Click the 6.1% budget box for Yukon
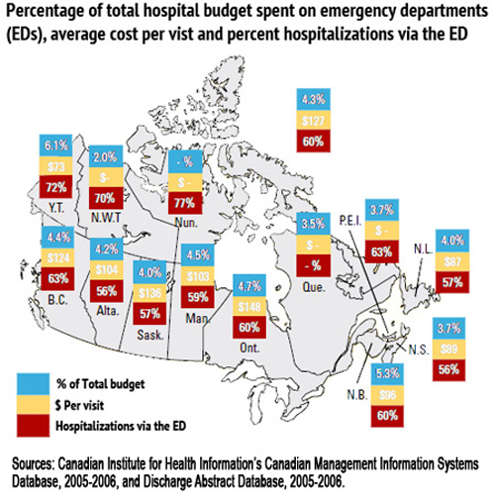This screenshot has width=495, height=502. click(x=54, y=144)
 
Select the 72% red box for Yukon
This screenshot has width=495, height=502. click(x=54, y=186)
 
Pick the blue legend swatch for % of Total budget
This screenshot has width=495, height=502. click(x=30, y=380)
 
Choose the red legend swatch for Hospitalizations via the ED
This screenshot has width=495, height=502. click(x=30, y=424)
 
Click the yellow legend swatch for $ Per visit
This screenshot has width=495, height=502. click(x=30, y=402)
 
